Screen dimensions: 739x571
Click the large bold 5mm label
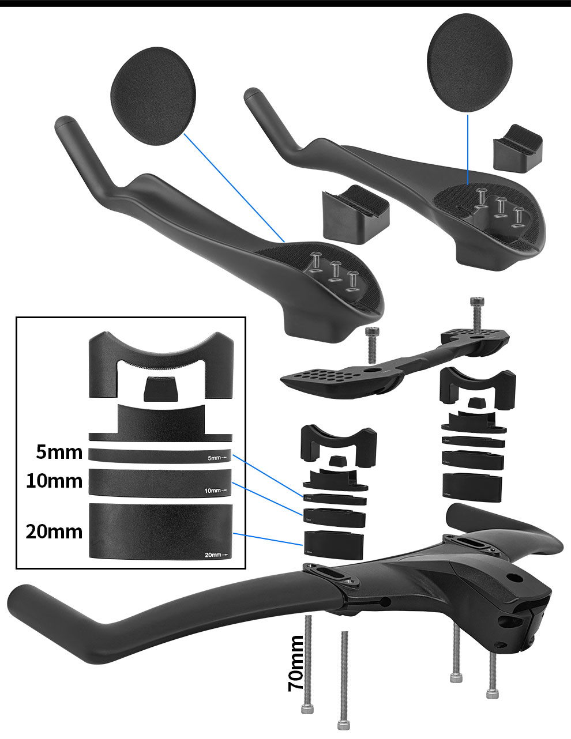click(x=59, y=452)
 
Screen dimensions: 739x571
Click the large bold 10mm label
click(x=54, y=480)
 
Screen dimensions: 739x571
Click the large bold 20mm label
click(x=54, y=531)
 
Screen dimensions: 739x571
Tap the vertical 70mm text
click(x=295, y=663)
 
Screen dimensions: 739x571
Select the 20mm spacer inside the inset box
click(x=161, y=530)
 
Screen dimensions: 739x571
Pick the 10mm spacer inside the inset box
click(x=161, y=482)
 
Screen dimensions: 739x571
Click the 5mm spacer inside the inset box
click(x=161, y=455)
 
